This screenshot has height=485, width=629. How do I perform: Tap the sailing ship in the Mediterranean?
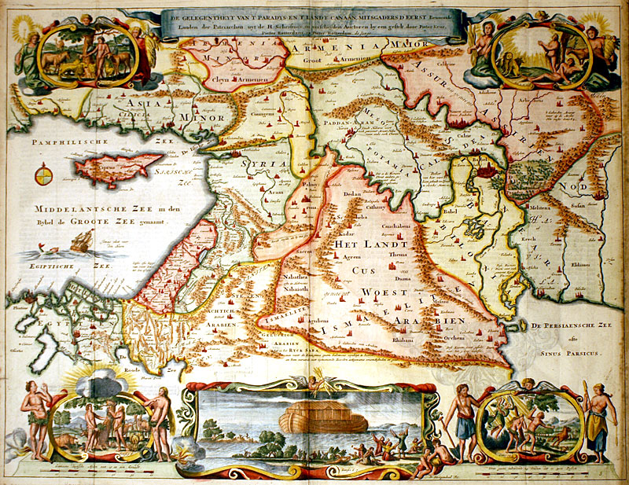click(79, 241)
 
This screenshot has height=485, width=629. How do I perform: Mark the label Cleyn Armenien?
click(230, 79)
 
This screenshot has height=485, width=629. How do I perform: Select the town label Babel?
click(451, 211)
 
